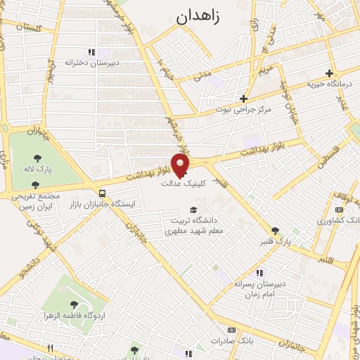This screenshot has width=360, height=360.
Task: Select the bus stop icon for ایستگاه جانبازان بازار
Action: [103, 193]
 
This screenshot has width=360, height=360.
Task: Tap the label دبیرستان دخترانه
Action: [89, 63]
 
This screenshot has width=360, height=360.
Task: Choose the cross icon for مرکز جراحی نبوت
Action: [244, 98]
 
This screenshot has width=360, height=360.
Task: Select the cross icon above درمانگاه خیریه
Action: [329, 73]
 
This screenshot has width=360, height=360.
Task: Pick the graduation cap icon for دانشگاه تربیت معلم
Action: [193, 210]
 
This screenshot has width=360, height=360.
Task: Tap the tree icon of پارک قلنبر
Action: [276, 230]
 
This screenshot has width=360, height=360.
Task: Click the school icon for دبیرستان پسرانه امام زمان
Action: [259, 273]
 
